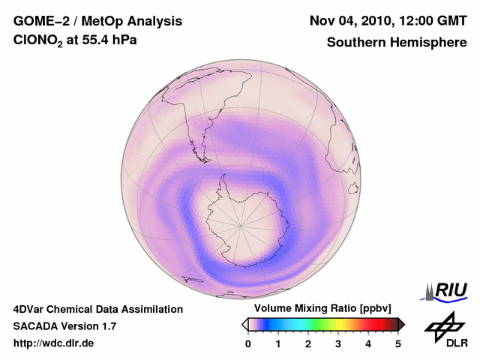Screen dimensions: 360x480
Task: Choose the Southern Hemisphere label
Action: point(397,43)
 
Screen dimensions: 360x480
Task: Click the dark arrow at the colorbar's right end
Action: point(401,324)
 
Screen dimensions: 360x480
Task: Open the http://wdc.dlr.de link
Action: point(54,343)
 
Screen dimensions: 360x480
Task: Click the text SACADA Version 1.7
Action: point(64,326)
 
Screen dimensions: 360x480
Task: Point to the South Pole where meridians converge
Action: point(241,223)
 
